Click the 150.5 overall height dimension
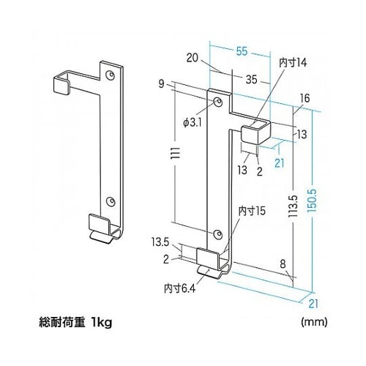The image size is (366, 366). (x=315, y=208)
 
